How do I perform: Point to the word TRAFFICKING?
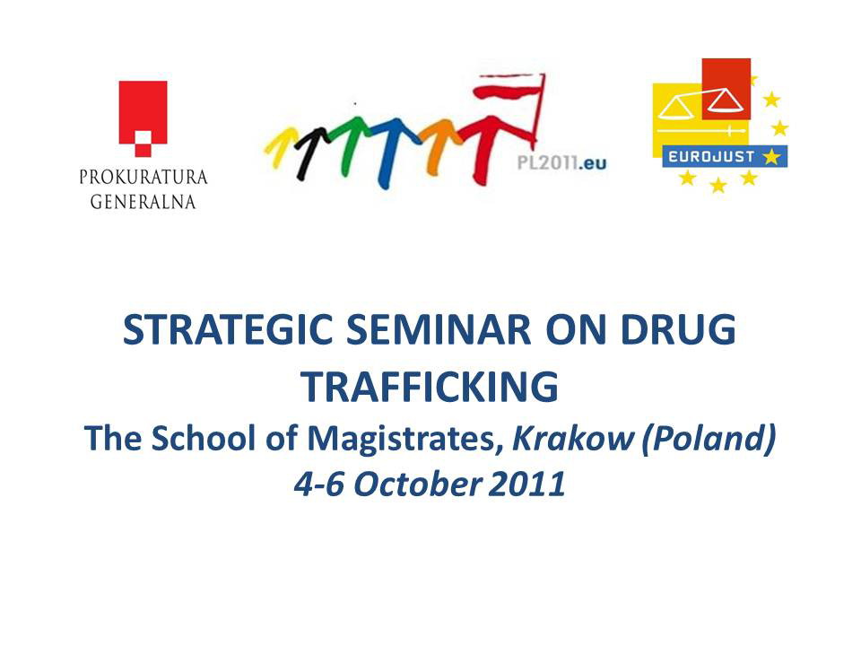pos(430,387)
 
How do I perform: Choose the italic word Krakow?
pos(573,438)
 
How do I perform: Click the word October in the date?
pos(417,484)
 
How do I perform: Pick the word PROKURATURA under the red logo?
pos(143,177)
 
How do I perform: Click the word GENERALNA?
pos(143,202)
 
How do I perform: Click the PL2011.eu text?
pos(561,162)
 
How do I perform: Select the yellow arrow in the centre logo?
pos(280,144)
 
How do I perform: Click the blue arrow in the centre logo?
pos(388,151)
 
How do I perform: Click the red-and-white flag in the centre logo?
pos(510,107)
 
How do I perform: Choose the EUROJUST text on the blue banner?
pos(711,157)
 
